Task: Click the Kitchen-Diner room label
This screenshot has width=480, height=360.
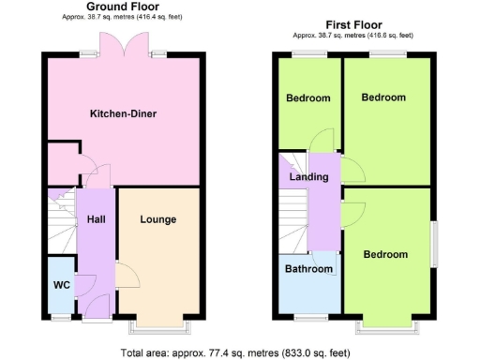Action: pyautogui.click(x=123, y=114)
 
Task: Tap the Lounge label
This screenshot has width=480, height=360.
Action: pyautogui.click(x=158, y=219)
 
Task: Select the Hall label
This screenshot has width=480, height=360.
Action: pyautogui.click(x=96, y=219)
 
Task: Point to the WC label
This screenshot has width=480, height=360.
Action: pyautogui.click(x=61, y=284)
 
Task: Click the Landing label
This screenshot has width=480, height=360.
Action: pyautogui.click(x=308, y=177)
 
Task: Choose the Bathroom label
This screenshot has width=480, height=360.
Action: pyautogui.click(x=308, y=269)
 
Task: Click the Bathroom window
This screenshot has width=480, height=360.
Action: pyautogui.click(x=308, y=314)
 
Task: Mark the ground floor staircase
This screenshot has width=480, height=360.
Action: pyautogui.click(x=61, y=220)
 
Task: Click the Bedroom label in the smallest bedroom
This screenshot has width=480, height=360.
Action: pyautogui.click(x=308, y=98)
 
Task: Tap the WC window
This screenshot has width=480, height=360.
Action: pyautogui.click(x=61, y=315)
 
